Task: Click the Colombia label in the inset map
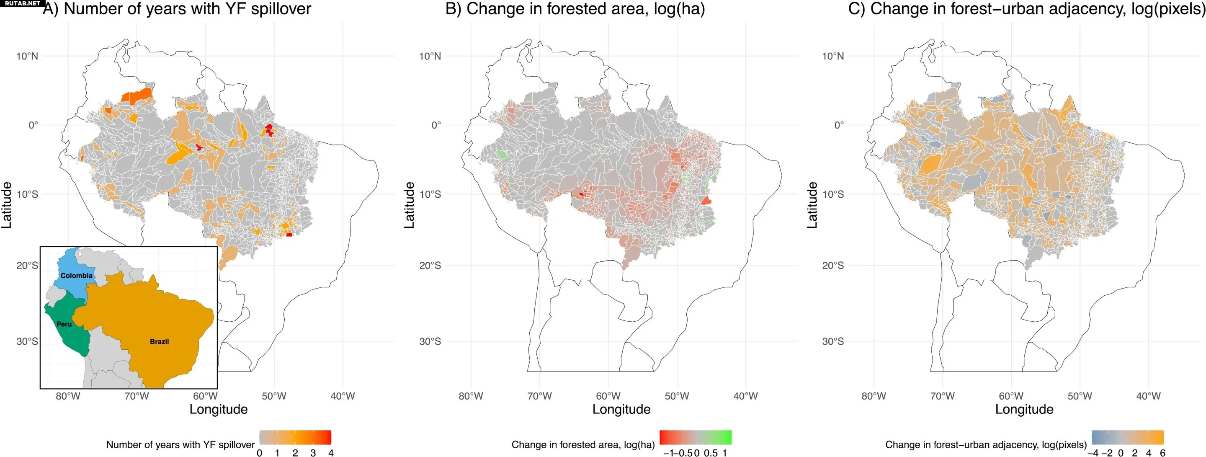tap(76, 276)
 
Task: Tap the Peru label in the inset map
tap(64, 324)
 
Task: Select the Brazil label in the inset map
tap(159, 342)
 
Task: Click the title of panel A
tap(177, 9)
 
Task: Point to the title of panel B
tap(575, 9)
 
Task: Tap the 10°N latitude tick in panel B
tap(430, 57)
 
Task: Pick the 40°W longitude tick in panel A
tap(342, 396)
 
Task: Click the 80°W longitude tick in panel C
tap(874, 396)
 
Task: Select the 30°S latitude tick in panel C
tap(833, 342)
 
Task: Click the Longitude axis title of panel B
tap(621, 409)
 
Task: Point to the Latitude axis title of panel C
tap(812, 205)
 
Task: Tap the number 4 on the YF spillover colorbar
tap(330, 453)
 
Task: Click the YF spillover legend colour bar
tap(295, 437)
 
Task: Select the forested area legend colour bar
tap(695, 437)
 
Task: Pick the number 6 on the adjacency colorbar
tap(1162, 453)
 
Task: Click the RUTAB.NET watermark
tap(23, 3)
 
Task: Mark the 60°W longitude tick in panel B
tap(608, 396)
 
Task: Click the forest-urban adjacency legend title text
tap(986, 444)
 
